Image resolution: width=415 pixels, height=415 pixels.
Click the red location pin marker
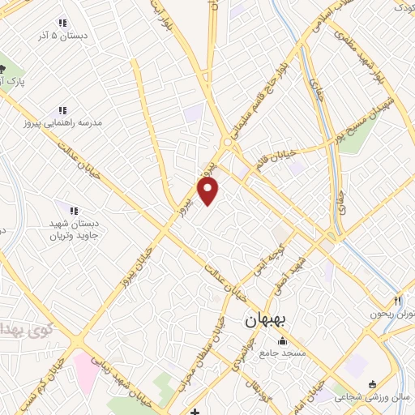(209, 191)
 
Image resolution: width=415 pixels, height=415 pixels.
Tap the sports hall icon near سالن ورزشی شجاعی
(372, 384)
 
